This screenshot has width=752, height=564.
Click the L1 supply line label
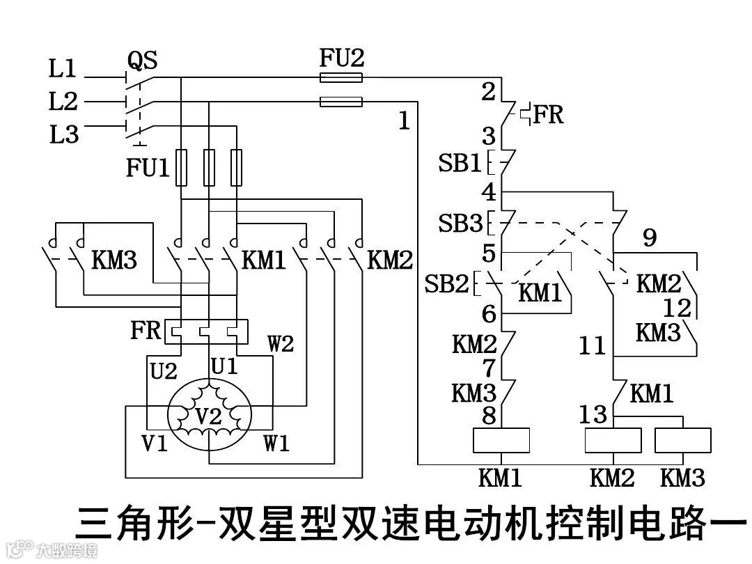pyautogui.click(x=62, y=69)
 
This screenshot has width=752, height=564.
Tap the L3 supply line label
pyautogui.click(x=63, y=134)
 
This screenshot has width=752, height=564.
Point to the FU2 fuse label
pyautogui.click(x=341, y=58)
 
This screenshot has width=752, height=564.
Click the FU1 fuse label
pyautogui.click(x=148, y=169)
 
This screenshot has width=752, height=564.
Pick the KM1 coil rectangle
pyautogui.click(x=501, y=440)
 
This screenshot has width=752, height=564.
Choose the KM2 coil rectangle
pyautogui.click(x=613, y=440)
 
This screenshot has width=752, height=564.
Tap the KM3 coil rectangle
pyautogui.click(x=683, y=440)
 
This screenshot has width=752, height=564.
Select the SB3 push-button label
pyautogui.click(x=460, y=224)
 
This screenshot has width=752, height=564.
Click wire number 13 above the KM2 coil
pyautogui.click(x=593, y=416)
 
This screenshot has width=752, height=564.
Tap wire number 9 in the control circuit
pyautogui.click(x=649, y=239)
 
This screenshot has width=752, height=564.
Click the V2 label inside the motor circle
pyautogui.click(x=208, y=416)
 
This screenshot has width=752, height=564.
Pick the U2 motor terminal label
pyautogui.click(x=164, y=371)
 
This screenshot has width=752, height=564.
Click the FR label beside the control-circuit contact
pyautogui.click(x=548, y=114)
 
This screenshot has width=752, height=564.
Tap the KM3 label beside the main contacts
pyautogui.click(x=115, y=261)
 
